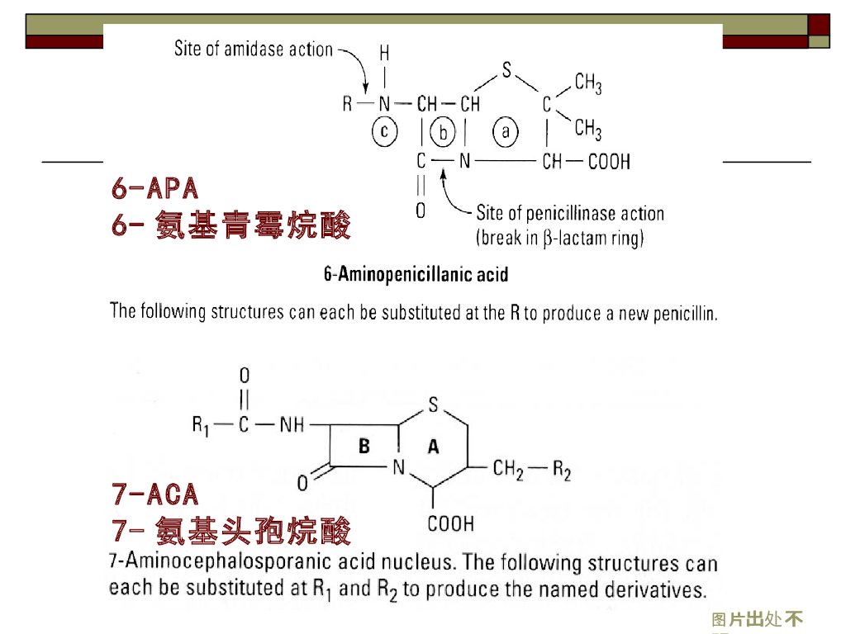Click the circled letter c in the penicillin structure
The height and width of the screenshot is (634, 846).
[x=385, y=131]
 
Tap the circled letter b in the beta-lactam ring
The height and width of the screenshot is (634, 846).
[x=444, y=131]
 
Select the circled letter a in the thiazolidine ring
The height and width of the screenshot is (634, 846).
[x=506, y=131]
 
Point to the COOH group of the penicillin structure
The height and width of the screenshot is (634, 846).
[x=608, y=162]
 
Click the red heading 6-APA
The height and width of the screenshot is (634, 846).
[x=155, y=188]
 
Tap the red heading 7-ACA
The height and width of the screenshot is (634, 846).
[x=155, y=494]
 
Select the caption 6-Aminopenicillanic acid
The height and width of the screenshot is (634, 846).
[x=416, y=274]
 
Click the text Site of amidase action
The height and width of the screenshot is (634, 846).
[x=253, y=50]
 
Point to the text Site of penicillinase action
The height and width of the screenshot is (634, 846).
[x=570, y=214]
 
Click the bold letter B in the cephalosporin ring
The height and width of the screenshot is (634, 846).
[x=364, y=447]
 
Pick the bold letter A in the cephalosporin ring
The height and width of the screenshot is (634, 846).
[x=433, y=447]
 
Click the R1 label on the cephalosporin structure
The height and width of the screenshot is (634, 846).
[x=202, y=425]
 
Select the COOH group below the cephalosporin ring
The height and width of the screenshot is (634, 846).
[x=451, y=523]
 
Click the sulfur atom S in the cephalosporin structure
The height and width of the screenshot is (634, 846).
[x=434, y=405]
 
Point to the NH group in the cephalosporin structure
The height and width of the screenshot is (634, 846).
[x=292, y=425]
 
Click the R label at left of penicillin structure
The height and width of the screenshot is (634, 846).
[x=348, y=105]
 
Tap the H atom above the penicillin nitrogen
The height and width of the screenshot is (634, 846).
[x=384, y=54]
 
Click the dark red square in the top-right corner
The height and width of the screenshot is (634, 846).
[x=819, y=24]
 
